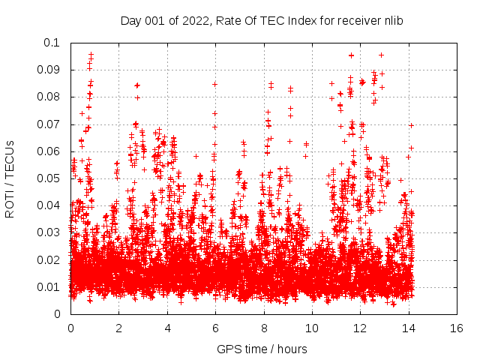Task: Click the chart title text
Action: [262, 20]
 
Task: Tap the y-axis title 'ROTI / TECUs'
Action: [10, 178]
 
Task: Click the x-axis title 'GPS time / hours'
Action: [262, 349]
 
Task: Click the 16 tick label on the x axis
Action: [456, 328]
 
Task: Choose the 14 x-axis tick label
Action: [408, 328]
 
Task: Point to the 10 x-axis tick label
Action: [311, 328]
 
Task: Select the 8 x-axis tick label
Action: [263, 328]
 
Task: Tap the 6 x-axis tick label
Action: [215, 328]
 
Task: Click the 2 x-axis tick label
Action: [118, 328]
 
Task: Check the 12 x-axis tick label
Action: [360, 328]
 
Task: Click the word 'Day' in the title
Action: [130, 20]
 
